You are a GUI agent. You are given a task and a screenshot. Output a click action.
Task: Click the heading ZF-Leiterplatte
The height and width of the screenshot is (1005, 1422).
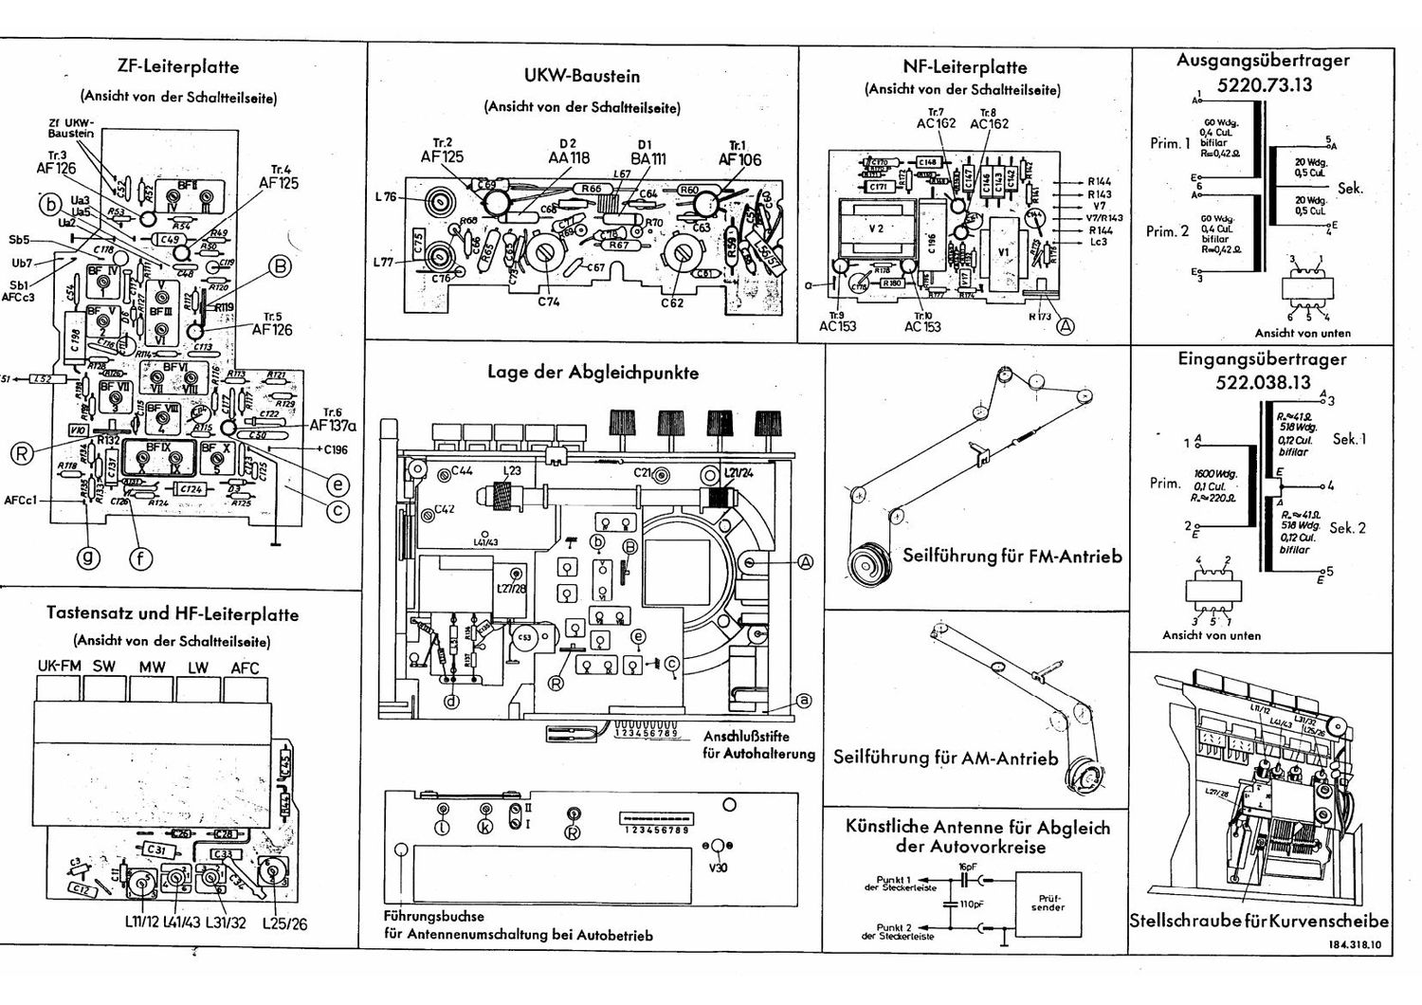click(x=178, y=67)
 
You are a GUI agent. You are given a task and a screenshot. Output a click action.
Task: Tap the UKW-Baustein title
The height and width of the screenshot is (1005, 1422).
click(x=581, y=76)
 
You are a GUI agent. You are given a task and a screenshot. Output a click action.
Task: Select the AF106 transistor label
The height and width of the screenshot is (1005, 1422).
click(x=739, y=159)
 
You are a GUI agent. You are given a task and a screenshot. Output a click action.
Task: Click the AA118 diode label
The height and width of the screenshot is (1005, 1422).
click(x=569, y=158)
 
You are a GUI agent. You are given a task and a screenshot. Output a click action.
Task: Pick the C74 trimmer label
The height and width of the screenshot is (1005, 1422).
click(x=548, y=302)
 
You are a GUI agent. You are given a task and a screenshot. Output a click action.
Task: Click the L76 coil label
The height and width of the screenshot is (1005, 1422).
click(x=386, y=198)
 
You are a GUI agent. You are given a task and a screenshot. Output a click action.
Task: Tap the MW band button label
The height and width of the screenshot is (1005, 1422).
click(x=152, y=667)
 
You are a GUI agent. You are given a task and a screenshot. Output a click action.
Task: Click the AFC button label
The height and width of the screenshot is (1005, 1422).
click(x=245, y=667)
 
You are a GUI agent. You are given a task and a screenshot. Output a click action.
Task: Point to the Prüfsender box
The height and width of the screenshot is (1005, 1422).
click(x=1047, y=903)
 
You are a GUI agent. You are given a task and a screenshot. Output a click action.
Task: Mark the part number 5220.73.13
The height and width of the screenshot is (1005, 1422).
click(x=1264, y=84)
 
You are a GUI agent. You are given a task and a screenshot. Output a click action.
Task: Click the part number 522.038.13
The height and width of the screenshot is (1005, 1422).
click(x=1263, y=383)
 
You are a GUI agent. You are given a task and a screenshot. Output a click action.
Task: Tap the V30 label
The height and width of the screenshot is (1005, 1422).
click(x=718, y=867)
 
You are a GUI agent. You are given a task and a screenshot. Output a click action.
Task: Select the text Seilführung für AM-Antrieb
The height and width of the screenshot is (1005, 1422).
click(x=945, y=758)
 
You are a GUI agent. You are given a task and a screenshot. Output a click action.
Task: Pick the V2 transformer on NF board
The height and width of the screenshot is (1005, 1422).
click(x=877, y=228)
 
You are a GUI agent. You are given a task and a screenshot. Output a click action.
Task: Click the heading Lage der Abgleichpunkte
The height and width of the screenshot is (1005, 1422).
click(x=592, y=373)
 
